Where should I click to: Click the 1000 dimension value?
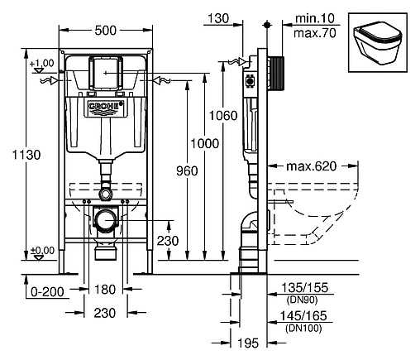point(206,144)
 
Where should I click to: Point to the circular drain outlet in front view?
point(104,222)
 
